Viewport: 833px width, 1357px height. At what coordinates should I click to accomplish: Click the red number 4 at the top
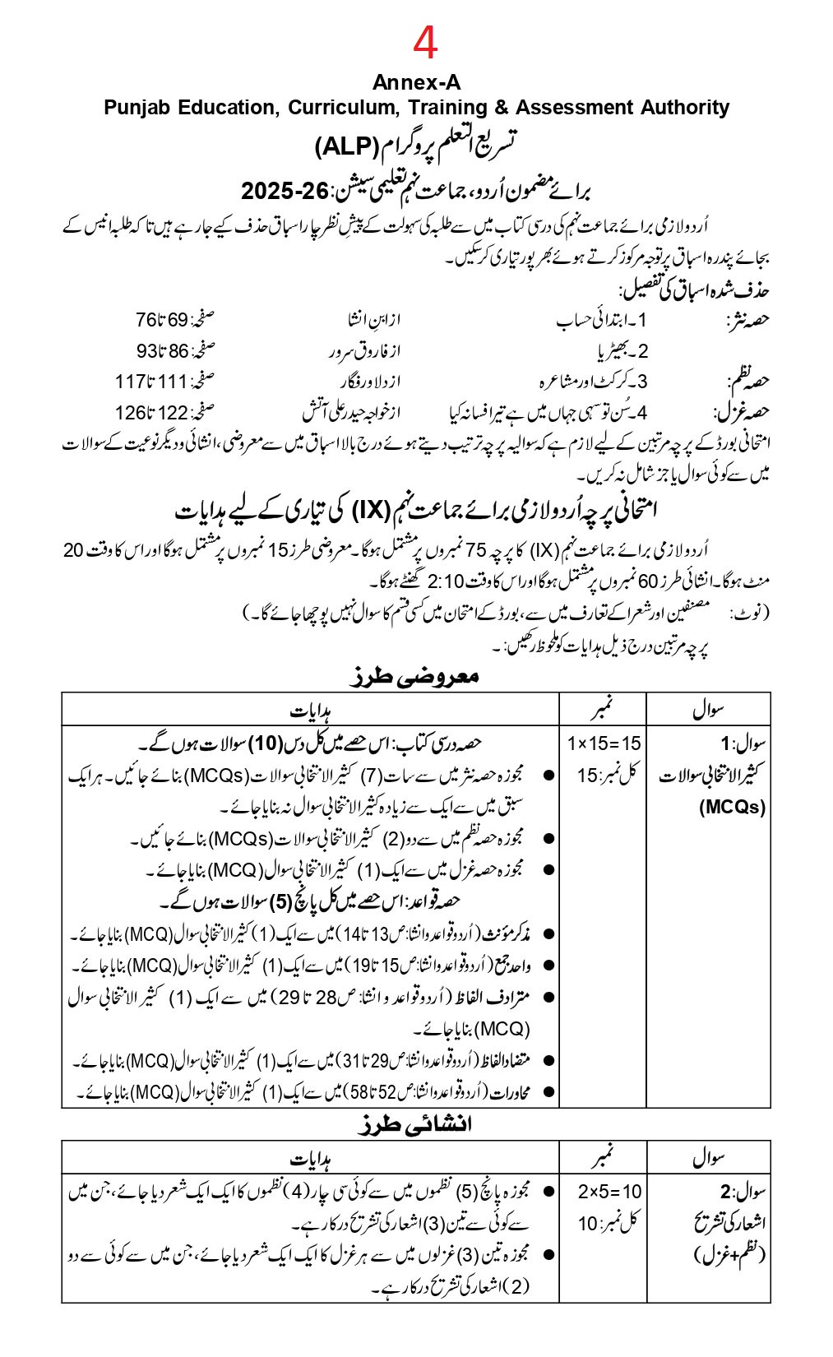(425, 44)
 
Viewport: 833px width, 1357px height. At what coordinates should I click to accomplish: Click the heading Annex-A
(416, 83)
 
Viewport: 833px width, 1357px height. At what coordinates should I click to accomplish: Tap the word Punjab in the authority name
(136, 108)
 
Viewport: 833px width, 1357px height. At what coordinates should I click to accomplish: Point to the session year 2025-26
(284, 192)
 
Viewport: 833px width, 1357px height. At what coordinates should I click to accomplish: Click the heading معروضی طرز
(414, 677)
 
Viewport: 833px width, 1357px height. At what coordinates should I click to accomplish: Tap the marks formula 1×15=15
(604, 743)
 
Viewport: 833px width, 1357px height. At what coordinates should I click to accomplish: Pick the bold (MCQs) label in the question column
(732, 807)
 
